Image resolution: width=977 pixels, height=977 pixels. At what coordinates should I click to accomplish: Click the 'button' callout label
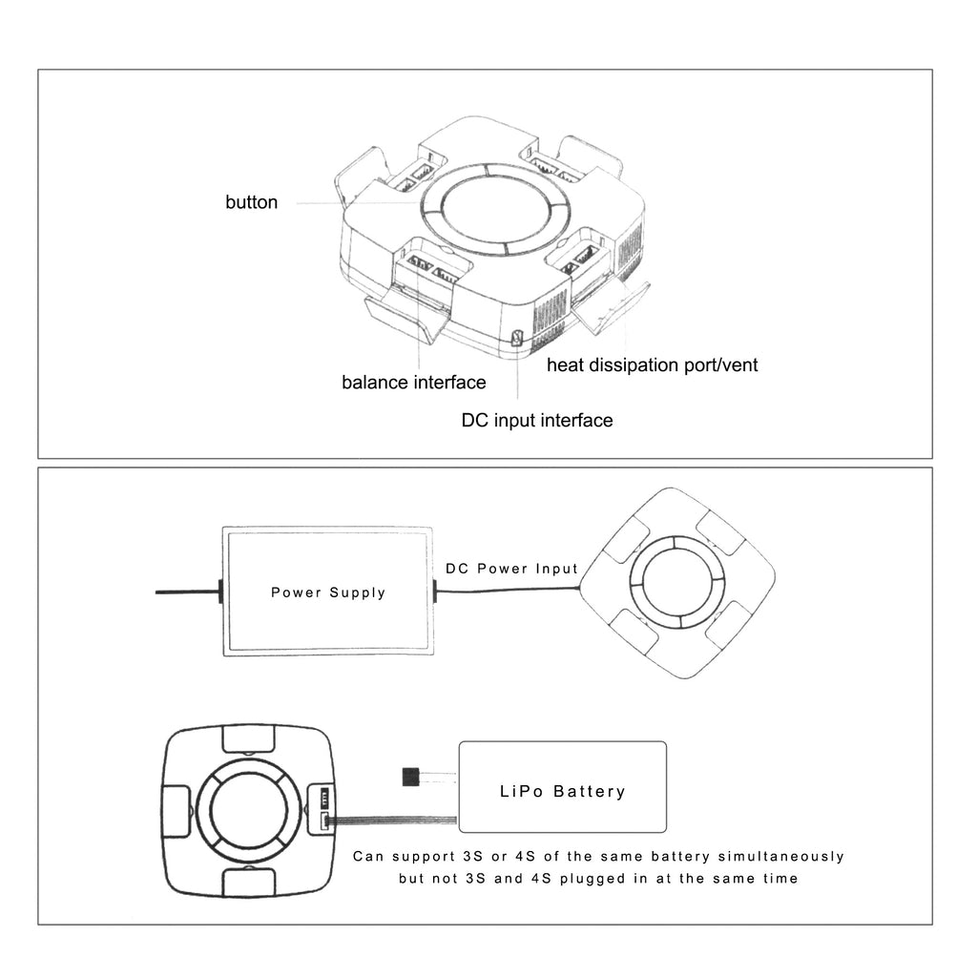tap(252, 202)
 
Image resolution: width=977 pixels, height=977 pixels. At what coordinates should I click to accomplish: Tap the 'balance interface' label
tap(414, 383)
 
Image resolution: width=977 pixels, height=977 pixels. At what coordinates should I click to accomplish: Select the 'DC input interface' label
tap(537, 420)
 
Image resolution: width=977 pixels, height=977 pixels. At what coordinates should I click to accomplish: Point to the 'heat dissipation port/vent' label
tap(652, 365)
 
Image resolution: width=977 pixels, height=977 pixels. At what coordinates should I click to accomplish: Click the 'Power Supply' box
tap(328, 592)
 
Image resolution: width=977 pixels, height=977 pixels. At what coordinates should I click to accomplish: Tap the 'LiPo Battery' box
tap(563, 791)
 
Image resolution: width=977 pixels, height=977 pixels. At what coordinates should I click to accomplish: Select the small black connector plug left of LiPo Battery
tap(411, 778)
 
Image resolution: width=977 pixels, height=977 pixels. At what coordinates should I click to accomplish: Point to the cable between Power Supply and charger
tap(506, 592)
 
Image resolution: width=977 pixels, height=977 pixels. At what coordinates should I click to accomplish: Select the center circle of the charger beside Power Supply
tap(677, 582)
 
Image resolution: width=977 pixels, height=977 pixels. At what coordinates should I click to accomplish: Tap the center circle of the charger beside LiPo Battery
tap(248, 812)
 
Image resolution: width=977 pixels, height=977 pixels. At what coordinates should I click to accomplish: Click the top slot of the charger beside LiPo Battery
tap(248, 738)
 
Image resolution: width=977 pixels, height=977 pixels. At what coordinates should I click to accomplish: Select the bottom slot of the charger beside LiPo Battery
tap(248, 883)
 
